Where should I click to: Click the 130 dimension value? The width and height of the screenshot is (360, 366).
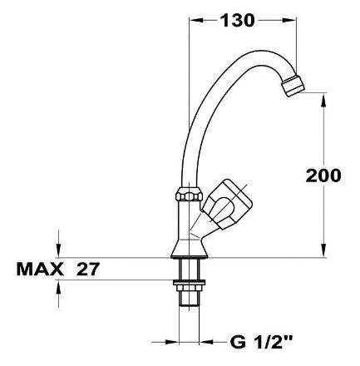237,21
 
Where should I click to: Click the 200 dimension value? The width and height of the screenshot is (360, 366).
323,176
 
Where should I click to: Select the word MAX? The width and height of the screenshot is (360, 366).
40,269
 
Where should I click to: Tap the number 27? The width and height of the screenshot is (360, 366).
88,269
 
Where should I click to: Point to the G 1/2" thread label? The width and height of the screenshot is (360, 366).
261,342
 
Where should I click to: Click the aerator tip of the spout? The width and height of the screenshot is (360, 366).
293,86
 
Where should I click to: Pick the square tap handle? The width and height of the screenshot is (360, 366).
227,204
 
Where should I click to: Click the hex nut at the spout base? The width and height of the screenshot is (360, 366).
189,194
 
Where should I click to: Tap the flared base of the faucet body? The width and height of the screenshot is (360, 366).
189,249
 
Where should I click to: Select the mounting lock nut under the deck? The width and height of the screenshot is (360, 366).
189,283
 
